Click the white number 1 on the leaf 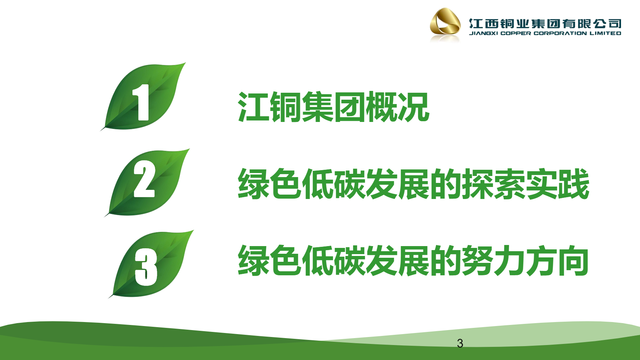click(x=141, y=102)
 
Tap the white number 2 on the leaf click(x=144, y=179)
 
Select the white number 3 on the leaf click(x=146, y=267)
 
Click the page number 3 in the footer click(x=460, y=343)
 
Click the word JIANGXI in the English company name click(x=483, y=33)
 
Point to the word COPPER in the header click(x=516, y=33)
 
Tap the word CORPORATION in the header click(x=560, y=33)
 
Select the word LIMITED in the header click(x=605, y=33)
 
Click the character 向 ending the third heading click(x=574, y=260)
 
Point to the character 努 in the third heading click(x=478, y=260)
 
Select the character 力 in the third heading click(x=510, y=260)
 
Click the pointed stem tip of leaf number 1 click(x=101, y=130)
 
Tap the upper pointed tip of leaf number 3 click(x=193, y=230)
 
